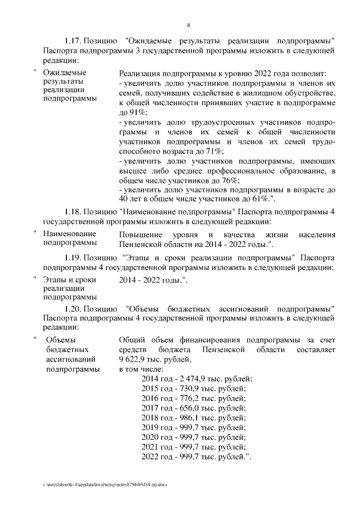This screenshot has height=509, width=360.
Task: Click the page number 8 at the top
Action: click(188, 25)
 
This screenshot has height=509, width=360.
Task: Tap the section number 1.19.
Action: click(73, 258)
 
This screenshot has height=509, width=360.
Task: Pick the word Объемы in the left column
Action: click(60, 340)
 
